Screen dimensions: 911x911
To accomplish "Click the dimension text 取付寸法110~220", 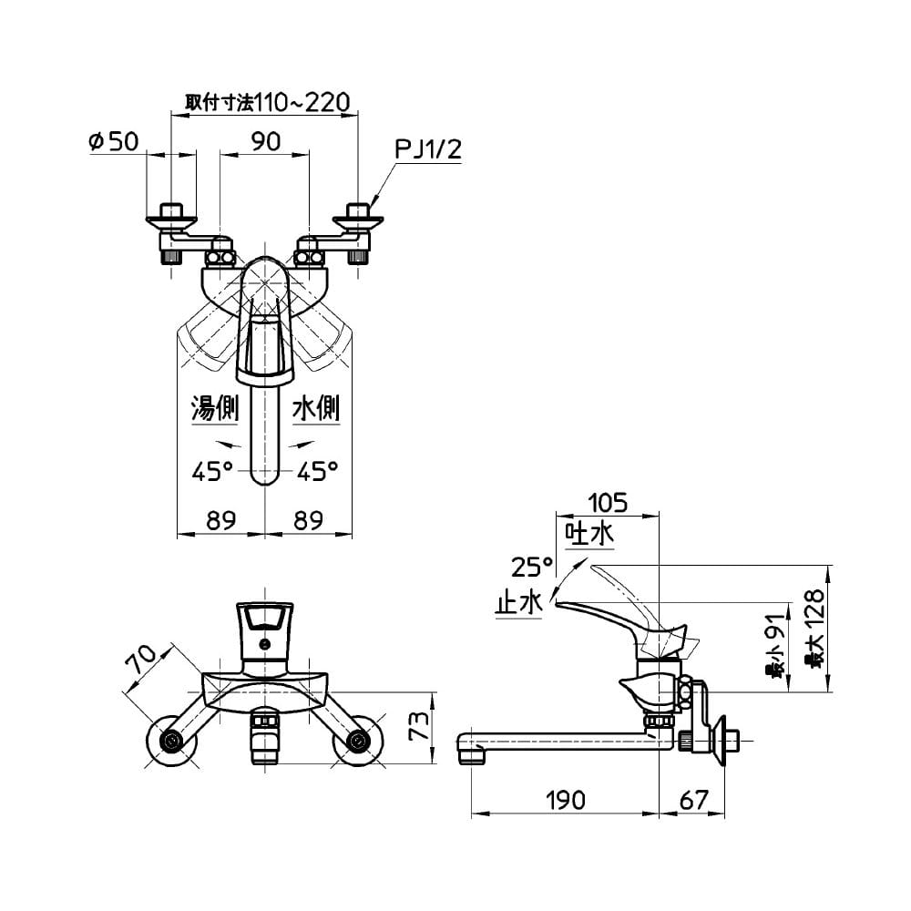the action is click(267, 102).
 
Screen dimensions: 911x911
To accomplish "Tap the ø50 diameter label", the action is click(114, 141).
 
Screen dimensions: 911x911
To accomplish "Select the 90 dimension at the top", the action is click(266, 141).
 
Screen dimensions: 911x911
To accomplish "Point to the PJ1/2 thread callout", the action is click(428, 149).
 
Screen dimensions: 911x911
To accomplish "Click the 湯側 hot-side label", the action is click(215, 408).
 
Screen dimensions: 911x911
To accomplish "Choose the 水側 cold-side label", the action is click(316, 408).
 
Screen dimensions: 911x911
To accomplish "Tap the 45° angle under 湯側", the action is click(212, 471).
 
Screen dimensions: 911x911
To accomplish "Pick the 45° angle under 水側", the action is click(318, 471).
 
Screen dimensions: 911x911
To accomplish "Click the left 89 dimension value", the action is click(221, 520).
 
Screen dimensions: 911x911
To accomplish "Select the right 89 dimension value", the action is click(308, 520).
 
